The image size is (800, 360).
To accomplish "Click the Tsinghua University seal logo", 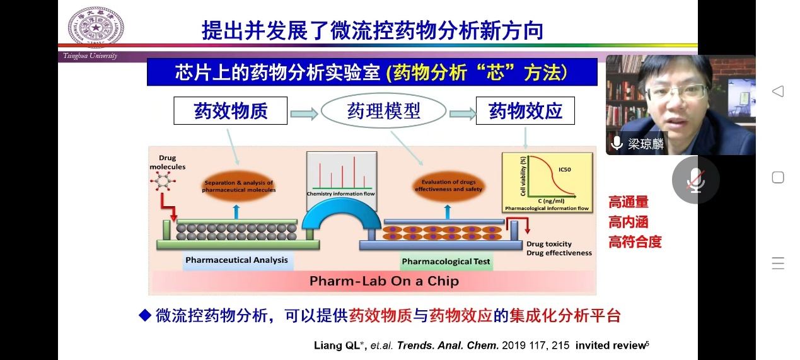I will pos(96,27).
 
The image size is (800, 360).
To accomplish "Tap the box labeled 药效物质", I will pos(231,111).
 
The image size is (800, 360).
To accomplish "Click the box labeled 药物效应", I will pos(525,111).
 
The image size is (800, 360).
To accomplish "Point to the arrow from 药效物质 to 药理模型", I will pos(304,114).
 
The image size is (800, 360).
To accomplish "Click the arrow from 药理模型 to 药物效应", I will pos(462,114).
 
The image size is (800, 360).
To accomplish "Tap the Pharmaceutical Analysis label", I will pos(236,260).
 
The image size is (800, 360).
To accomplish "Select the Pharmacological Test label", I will pos(446,261).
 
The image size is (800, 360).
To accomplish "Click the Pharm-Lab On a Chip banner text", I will pos(383,281).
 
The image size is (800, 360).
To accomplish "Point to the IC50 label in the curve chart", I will pos(565,170).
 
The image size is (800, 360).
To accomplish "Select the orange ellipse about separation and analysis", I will pos(238,186).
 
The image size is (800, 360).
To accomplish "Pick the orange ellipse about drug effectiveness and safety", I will pos(449,186).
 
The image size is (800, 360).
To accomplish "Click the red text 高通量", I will pos(628,202).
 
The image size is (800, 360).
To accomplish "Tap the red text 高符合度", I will pos(635,241).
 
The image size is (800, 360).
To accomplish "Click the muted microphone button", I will pos(695,180).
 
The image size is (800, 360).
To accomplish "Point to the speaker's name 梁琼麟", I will pos(646,144).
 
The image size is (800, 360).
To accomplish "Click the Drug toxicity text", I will pos(549,244).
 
